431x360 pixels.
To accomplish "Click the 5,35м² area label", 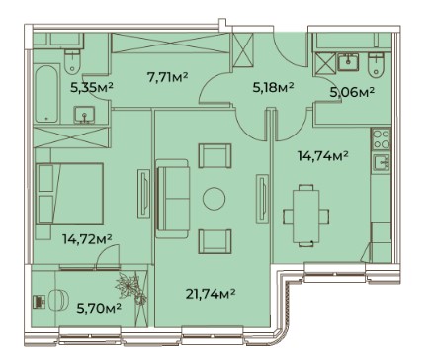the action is (92, 87).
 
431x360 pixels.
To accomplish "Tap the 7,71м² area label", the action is (167, 77).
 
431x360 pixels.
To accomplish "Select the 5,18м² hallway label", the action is (273, 88).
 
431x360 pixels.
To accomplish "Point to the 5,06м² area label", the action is (352, 92).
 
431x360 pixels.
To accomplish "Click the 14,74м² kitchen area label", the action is (323, 155).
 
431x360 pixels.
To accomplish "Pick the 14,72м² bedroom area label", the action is (87, 239).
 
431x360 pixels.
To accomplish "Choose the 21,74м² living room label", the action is (211, 293).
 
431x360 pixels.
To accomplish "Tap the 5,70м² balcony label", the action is (99, 309).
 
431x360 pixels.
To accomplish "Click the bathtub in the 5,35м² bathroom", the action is (47, 94).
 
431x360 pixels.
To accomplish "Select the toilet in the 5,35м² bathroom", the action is (72, 61).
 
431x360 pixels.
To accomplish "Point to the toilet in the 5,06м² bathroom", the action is (377, 64).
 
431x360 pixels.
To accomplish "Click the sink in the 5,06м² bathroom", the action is (348, 61).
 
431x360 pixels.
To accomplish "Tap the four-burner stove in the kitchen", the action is (381, 139).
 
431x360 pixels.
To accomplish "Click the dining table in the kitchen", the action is (306, 216).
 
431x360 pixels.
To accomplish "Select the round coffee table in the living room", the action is (214, 198).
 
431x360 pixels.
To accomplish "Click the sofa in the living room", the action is (172, 199).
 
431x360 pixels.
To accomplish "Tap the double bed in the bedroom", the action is (69, 193).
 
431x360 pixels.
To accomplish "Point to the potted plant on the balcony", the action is (130, 287).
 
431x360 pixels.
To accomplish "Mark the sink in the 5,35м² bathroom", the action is (85, 115).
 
